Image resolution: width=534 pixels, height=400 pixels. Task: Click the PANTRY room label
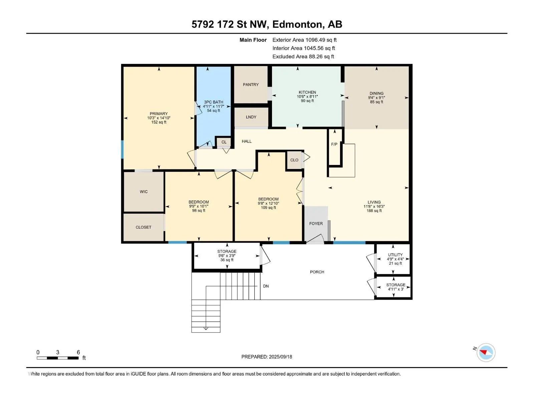[x=251, y=85]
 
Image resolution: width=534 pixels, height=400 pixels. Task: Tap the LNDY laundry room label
[x=251, y=117]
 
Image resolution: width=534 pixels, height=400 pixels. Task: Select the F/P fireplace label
[x=334, y=144]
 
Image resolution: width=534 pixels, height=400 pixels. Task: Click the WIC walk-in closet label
[x=144, y=192]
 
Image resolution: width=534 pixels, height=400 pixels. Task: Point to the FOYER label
[x=316, y=223]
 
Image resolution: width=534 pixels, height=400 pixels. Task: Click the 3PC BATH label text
[x=214, y=102]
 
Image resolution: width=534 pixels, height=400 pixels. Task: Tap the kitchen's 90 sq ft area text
[x=307, y=101]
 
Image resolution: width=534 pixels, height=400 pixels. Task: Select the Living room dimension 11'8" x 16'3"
[x=374, y=206]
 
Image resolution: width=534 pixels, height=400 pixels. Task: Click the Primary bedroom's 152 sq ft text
[x=159, y=122]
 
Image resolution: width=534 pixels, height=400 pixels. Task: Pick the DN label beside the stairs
[x=266, y=286]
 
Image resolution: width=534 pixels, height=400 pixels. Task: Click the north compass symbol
[x=486, y=353]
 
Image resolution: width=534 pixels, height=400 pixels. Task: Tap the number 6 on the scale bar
[x=78, y=352]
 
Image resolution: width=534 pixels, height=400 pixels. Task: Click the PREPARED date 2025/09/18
[x=280, y=357]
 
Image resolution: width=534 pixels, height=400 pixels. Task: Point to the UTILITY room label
[x=395, y=255]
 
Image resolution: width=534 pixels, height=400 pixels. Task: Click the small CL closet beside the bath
[x=224, y=142]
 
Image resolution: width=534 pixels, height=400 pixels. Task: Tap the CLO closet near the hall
[x=294, y=160]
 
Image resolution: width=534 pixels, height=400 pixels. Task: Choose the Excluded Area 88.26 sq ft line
[x=303, y=57]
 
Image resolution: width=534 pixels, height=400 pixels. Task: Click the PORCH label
[x=317, y=272]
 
